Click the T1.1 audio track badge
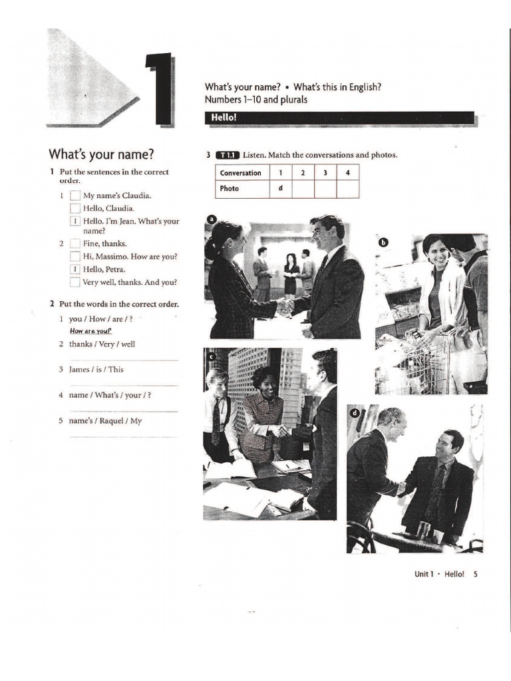pos(228,155)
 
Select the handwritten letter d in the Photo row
pos(280,188)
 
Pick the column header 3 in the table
pos(325,173)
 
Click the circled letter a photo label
pos(212,219)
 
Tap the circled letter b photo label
pos(383,242)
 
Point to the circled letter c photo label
pos(212,356)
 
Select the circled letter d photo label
pos(354,412)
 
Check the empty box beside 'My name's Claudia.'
pos(75,196)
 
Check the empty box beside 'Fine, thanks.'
pos(75,243)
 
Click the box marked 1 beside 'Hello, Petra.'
pos(75,269)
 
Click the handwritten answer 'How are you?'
pos(91,331)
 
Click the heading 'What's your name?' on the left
pos(101,154)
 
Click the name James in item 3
pos(79,370)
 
